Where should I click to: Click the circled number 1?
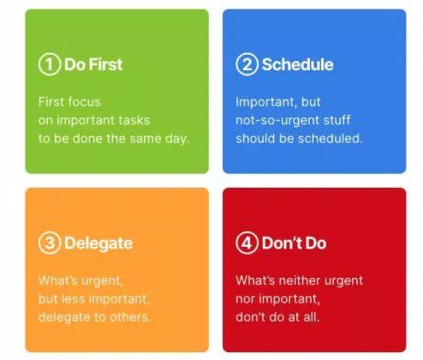pyautogui.click(x=50, y=64)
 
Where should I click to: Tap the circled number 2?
pyautogui.click(x=247, y=64)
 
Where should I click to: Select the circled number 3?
pyautogui.click(x=50, y=243)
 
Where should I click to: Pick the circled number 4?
pyautogui.click(x=247, y=243)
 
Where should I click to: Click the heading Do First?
pyautogui.click(x=93, y=64)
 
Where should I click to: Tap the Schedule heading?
pyautogui.click(x=297, y=64)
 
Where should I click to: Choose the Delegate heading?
pyautogui.click(x=98, y=243)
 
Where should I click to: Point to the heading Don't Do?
pyautogui.click(x=294, y=243)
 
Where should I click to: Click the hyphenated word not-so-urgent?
pyautogui.click(x=277, y=121)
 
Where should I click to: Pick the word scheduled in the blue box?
pyautogui.click(x=331, y=139)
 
